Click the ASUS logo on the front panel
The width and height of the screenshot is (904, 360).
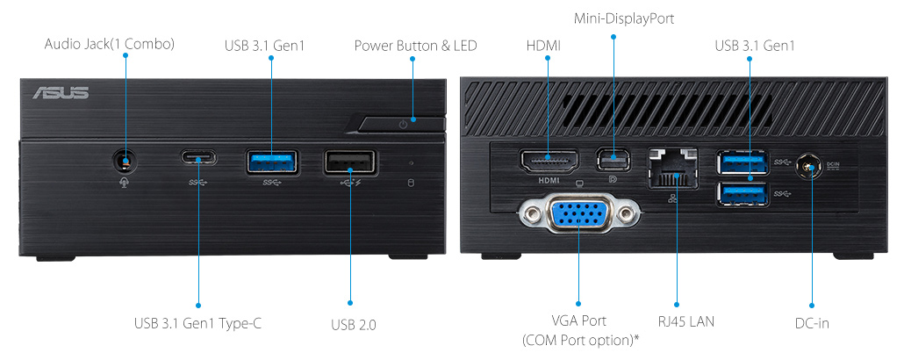pos(60,92)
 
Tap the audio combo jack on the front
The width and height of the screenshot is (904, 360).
pos(126,160)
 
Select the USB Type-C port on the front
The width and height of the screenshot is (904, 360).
pos(199,159)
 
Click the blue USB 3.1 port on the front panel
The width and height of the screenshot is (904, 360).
pos(272,161)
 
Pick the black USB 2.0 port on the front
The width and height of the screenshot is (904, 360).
pos(350,162)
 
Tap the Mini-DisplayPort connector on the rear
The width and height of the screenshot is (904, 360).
pos(613,160)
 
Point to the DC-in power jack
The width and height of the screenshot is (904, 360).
pos(810,168)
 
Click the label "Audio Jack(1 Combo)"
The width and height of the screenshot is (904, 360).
pos(109,45)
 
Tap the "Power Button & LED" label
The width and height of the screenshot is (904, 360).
pos(415,45)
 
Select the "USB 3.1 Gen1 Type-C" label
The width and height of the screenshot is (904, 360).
pos(197,324)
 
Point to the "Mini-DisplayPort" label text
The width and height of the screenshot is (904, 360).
pos(624,18)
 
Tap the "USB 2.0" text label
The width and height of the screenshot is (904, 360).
pos(354,325)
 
